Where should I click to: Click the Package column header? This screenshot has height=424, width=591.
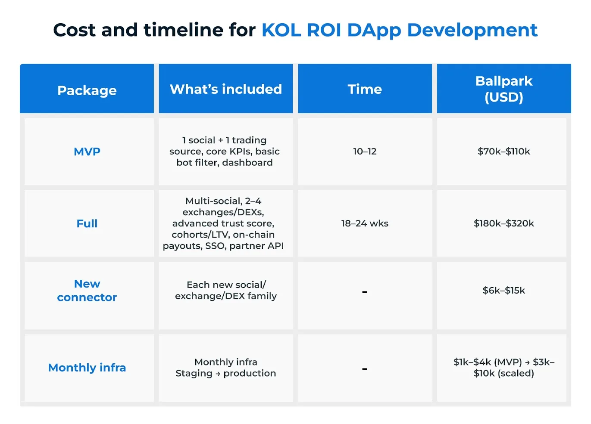tap(87, 90)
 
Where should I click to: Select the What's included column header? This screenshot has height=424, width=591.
tap(225, 89)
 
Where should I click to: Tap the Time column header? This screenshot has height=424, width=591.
tap(365, 89)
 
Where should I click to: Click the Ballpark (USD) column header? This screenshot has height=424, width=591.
tap(503, 89)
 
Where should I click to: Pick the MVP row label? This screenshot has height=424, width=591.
tap(87, 152)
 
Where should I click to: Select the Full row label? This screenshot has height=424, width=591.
tap(87, 223)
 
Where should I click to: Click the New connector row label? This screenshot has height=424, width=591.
tap(87, 291)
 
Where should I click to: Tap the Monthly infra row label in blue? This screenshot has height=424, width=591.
tap(87, 368)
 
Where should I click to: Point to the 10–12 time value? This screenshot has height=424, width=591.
tap(365, 152)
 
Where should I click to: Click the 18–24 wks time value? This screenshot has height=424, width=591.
tap(365, 223)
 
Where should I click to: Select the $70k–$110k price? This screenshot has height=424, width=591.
tap(503, 152)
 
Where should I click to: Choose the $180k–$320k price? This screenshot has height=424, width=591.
tap(503, 223)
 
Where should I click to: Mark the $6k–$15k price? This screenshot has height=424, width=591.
tap(503, 291)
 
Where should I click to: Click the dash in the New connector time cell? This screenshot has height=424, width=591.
tap(365, 292)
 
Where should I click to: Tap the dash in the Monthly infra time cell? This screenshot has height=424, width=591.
tap(365, 369)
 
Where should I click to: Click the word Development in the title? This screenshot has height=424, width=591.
tap(472, 30)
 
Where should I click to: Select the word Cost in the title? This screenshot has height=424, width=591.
tap(74, 30)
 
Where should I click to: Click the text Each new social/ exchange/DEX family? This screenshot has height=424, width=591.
tap(225, 291)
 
